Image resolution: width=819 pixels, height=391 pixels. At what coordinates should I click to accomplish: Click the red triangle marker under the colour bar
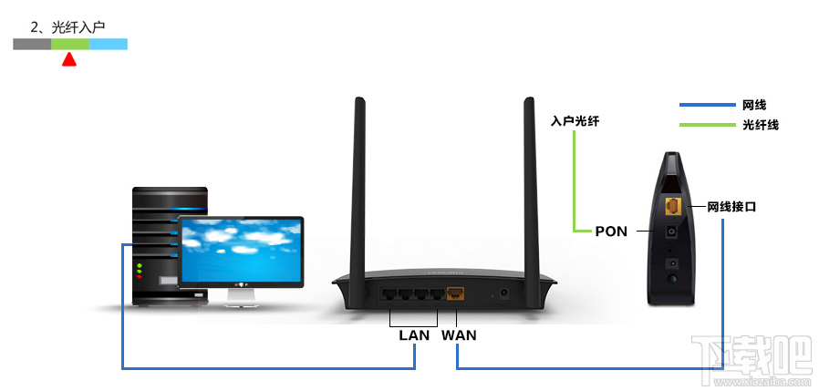click(67, 60)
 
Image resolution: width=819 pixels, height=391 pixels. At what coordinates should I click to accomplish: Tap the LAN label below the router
click(413, 335)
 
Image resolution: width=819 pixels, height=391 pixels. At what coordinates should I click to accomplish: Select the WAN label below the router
click(459, 335)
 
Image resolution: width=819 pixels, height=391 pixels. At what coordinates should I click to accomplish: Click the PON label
click(611, 232)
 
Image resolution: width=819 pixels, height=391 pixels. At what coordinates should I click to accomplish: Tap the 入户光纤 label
click(575, 120)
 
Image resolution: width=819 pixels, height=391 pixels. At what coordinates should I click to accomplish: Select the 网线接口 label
click(732, 208)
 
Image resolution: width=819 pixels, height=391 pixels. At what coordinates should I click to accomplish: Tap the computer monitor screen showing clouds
click(242, 250)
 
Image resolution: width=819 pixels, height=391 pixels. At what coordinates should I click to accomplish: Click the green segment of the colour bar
click(70, 44)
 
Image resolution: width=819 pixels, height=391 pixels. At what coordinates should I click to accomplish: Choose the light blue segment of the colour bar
click(109, 44)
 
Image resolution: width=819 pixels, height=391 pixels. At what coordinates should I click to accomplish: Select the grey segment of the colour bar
click(32, 44)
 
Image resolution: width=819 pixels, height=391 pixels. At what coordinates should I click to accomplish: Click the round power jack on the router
click(502, 294)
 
